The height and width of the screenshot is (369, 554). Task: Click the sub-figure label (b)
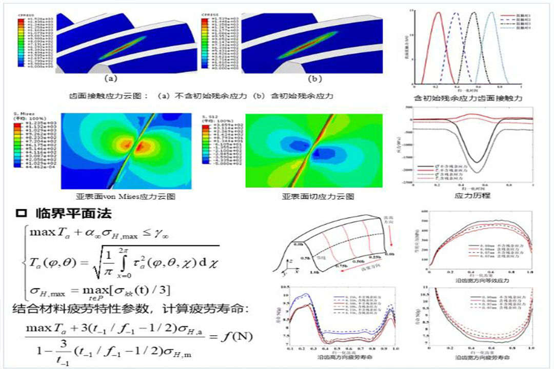click(314, 79)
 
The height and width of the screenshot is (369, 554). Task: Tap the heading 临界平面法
click(75, 213)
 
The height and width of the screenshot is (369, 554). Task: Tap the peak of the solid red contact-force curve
click(439, 13)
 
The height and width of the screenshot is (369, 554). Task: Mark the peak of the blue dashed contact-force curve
click(456, 13)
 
